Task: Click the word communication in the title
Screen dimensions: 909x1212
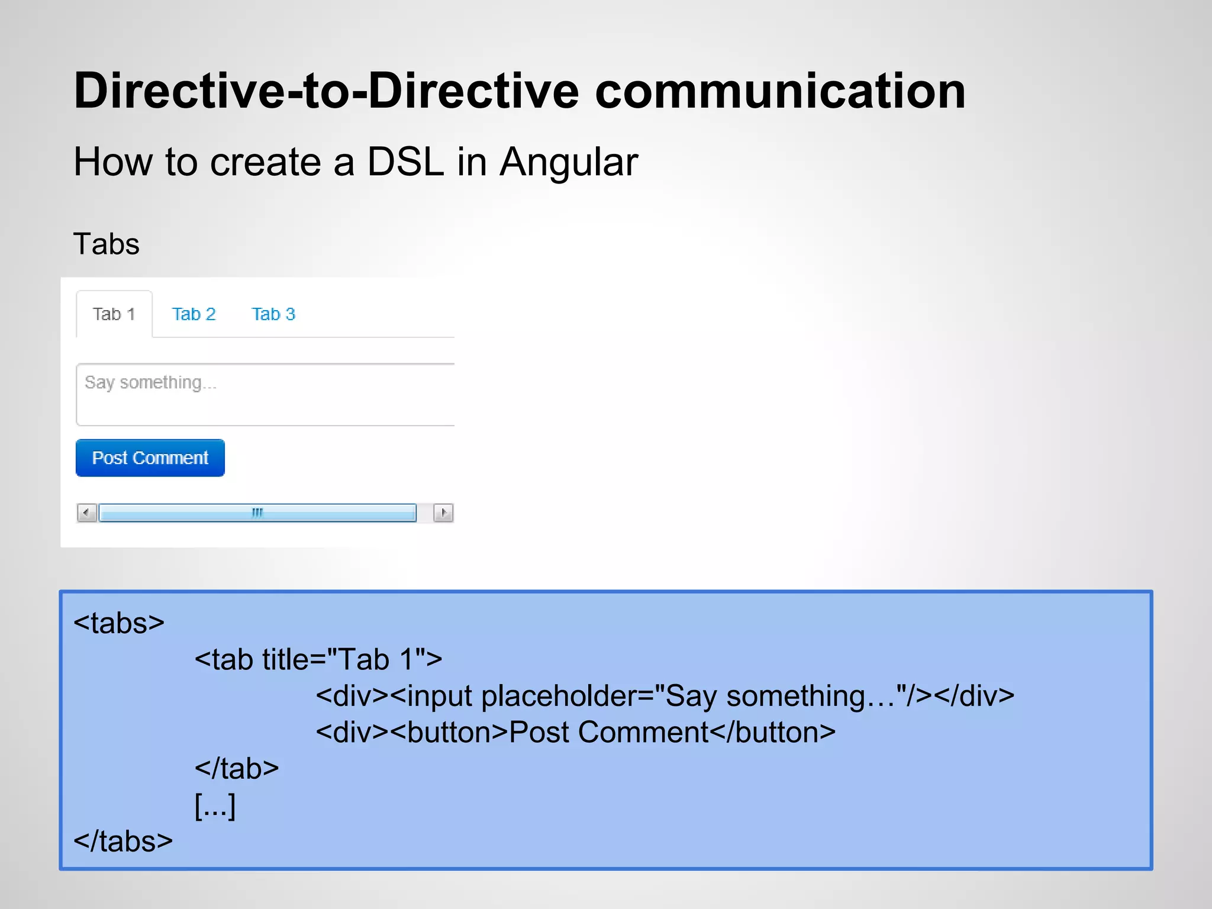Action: (x=780, y=91)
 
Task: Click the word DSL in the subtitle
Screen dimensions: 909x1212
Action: (x=405, y=162)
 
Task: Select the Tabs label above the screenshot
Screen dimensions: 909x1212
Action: (x=106, y=244)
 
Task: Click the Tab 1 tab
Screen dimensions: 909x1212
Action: (x=114, y=314)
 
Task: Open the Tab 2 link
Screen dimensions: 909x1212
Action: (x=194, y=314)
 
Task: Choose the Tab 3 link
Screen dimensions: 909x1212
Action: (x=273, y=314)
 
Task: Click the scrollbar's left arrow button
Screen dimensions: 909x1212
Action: (x=87, y=512)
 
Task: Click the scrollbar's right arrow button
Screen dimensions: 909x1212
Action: (x=443, y=512)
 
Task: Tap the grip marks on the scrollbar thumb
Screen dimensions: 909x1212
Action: (x=257, y=512)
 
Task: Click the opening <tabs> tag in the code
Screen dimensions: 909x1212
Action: (x=118, y=623)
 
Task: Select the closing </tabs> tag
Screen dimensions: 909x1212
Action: (x=123, y=841)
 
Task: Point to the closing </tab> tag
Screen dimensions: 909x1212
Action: (x=237, y=769)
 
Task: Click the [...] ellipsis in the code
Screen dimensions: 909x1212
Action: (x=215, y=805)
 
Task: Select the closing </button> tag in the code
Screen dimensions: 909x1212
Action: (x=772, y=733)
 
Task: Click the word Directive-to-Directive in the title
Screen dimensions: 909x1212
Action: (x=325, y=91)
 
